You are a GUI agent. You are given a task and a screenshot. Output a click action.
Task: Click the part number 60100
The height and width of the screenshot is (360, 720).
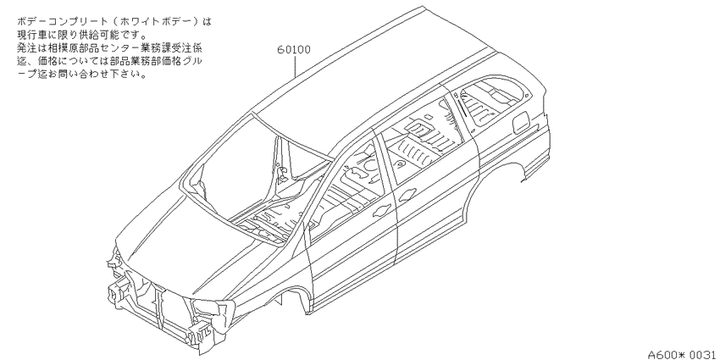pos(294,50)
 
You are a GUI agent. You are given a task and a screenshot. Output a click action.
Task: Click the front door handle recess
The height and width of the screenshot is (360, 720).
pos(381,211)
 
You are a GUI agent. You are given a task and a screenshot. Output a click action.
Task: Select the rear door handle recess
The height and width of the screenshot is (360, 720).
pos(407,195)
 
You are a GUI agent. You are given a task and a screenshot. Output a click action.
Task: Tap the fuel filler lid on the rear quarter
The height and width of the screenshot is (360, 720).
pos(521,122)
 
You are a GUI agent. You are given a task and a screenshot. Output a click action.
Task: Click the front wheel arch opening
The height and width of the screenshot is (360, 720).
pos(294,294)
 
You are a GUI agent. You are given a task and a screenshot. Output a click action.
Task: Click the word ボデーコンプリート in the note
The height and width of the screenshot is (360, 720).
pos(63,21)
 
